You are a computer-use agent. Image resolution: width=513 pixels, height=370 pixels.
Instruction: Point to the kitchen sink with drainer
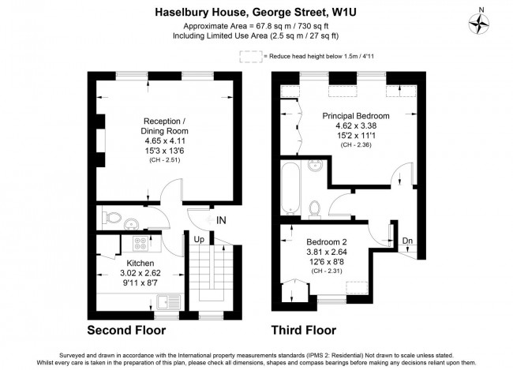point(168,301)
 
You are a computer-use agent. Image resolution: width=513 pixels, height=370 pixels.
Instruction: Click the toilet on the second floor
point(112,215)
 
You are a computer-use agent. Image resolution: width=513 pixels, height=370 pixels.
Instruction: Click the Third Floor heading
point(304,330)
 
